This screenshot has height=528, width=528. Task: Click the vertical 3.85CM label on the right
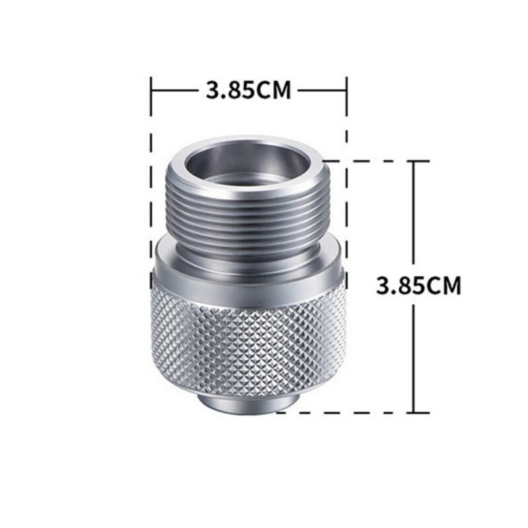coord(418,286)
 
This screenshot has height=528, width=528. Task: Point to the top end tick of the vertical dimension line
coord(414,160)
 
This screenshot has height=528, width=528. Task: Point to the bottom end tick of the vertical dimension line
coord(414,412)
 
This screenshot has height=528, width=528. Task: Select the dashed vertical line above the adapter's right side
coord(346,125)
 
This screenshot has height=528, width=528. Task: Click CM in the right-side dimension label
coord(443,286)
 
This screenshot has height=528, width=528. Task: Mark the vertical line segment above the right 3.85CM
coord(414,211)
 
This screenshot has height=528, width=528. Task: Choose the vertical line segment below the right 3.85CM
coord(414,356)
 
